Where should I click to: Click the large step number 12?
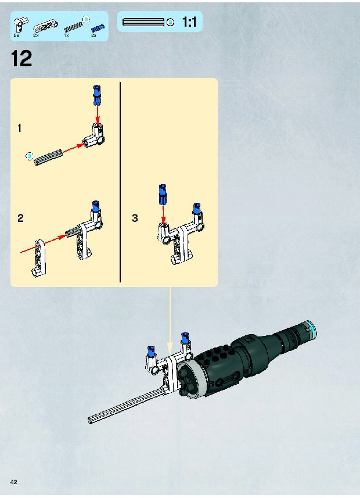pos(21,59)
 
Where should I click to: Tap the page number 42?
pos(14,482)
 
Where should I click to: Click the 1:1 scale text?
pos(189,22)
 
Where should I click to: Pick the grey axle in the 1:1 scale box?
pos(143,22)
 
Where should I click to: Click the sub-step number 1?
pos(20,128)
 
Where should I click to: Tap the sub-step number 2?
pos(20,218)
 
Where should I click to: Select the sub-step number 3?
pos(135,218)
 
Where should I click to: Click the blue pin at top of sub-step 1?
pos(96,95)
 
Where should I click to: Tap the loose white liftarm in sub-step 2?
pos(39,259)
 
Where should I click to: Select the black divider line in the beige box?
pos(120,182)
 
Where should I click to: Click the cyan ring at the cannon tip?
pos(311,329)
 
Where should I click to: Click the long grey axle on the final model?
pos(127,405)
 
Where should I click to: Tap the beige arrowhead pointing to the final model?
pos(170,347)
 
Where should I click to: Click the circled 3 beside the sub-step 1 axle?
pos(29,156)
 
